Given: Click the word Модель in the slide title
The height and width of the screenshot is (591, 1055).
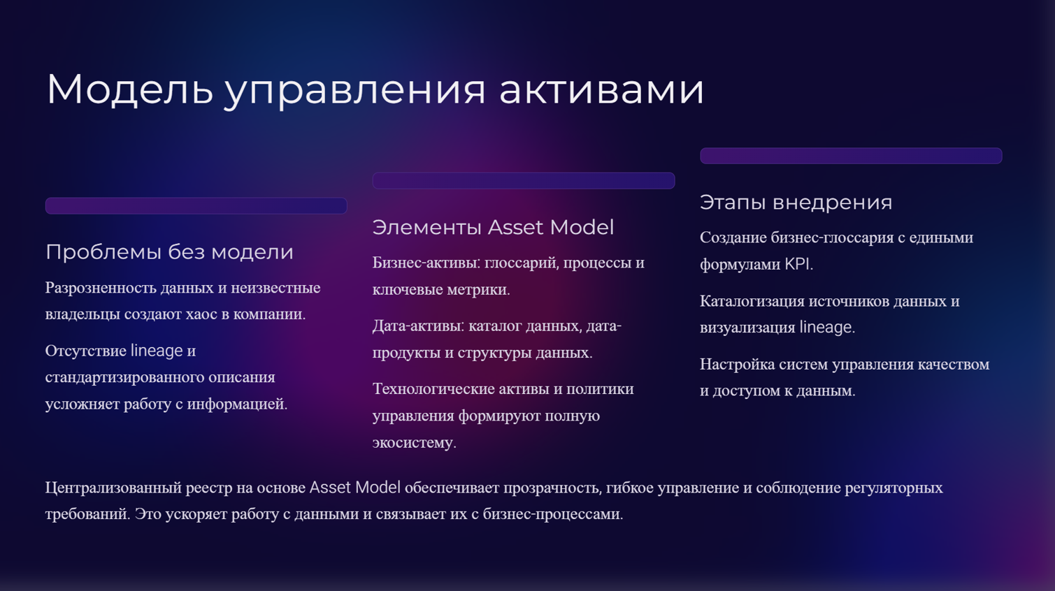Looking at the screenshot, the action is coord(130,89).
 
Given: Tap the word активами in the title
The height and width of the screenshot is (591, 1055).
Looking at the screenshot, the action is coord(601,90).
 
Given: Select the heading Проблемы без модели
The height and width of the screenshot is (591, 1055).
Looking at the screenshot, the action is coord(170,251).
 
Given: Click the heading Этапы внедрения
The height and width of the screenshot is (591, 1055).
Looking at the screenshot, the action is coord(796,203).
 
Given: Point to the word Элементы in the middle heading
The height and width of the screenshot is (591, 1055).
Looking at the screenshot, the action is coord(426,228).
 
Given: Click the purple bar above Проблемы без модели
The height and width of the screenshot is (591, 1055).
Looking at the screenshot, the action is coord(196,205).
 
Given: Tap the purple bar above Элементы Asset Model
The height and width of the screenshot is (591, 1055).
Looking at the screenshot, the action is coord(523,181).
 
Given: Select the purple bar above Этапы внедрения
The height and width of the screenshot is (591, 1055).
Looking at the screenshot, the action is coord(851,156).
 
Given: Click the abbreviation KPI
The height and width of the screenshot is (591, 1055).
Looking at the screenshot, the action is coord(799,264).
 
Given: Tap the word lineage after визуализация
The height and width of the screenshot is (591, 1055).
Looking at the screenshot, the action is coord(827,327).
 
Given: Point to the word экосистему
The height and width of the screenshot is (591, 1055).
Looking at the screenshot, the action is coord(415,443).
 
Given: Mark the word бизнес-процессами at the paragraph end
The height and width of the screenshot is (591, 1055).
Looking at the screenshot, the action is coord(553,514).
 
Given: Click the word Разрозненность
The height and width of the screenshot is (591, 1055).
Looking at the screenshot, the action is coord(101,288).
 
